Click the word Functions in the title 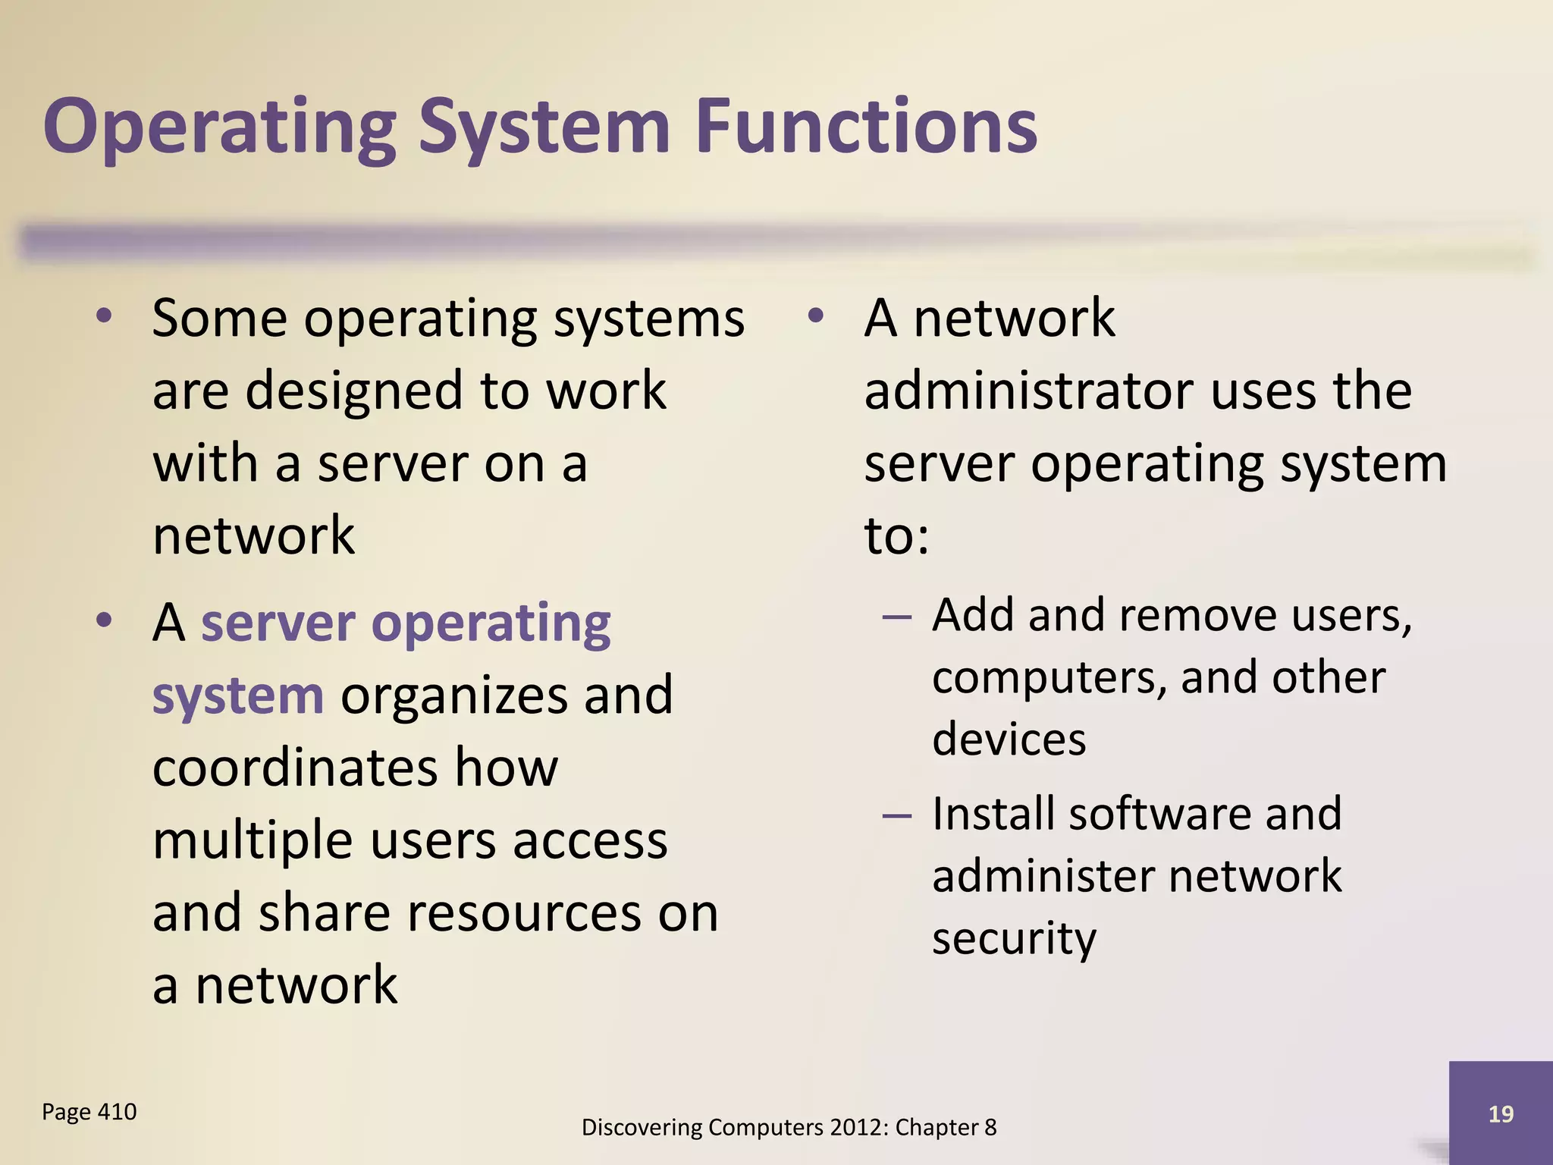[x=865, y=127]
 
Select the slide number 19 [x=1501, y=1114]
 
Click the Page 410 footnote [x=89, y=1112]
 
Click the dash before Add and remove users [x=896, y=617]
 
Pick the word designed [x=353, y=391]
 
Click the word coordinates [x=295, y=768]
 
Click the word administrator [x=1028, y=391]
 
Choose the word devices [x=1009, y=740]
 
